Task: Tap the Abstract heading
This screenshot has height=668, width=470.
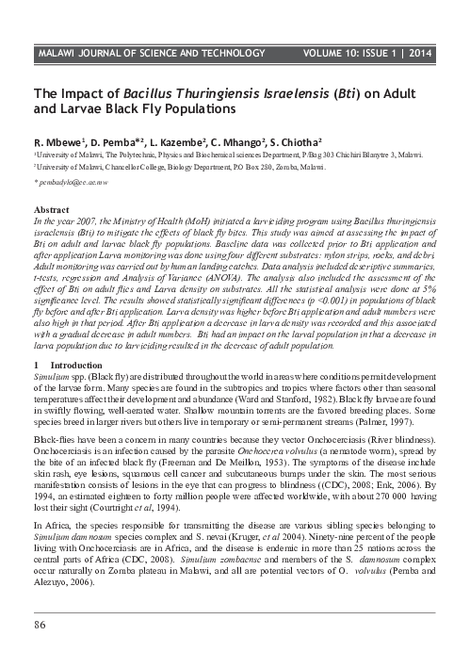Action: click(x=52, y=206)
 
